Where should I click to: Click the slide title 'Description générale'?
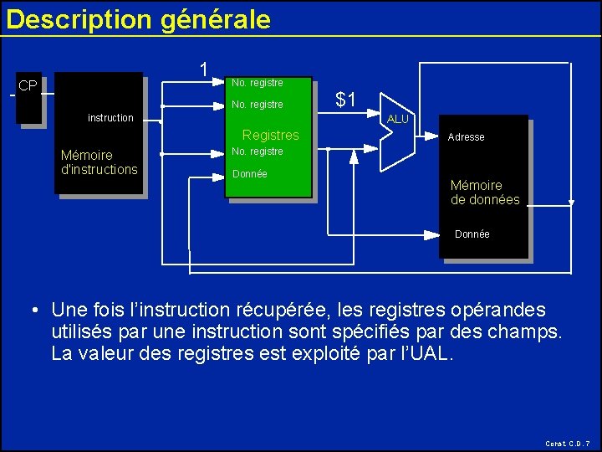pos(138,19)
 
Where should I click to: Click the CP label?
pos(28,86)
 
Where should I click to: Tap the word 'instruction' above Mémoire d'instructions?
pos(110,118)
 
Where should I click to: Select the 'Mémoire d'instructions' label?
pos(99,162)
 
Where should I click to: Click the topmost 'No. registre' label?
pos(257,83)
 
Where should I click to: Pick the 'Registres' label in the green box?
pos(270,135)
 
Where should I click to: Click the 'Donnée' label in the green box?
pos(249,174)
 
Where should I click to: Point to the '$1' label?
pos(345,100)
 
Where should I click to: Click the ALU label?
pos(398,120)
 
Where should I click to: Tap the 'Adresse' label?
pos(466,137)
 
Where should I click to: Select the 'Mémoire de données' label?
pos(485,193)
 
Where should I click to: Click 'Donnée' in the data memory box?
pos(472,234)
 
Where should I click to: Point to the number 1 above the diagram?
pos(203,69)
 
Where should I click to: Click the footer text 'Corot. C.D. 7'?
pos(568,443)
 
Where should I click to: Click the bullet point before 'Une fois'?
pos(36,311)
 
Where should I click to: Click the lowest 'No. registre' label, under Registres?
pos(257,152)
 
